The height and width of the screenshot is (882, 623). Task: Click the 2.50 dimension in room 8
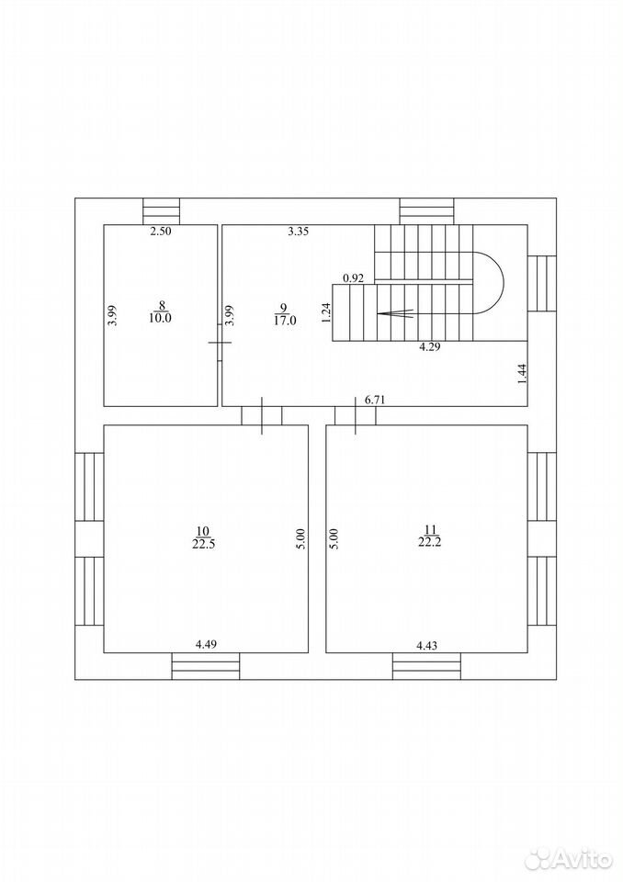coord(161,231)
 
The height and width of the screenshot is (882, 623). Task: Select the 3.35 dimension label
coord(299,231)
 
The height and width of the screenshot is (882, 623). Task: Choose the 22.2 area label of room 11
coord(431,542)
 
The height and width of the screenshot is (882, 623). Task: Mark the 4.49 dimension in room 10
coord(206,645)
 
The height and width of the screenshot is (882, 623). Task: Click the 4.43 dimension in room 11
coord(426,646)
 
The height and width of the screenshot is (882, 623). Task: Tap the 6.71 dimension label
coord(376,400)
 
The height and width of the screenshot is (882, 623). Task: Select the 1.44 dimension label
coord(521,375)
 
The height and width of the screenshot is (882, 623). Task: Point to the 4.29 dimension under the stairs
coord(430,347)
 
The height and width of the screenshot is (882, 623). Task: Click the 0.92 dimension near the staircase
coord(355,277)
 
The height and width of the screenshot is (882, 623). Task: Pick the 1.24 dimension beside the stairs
coord(326,312)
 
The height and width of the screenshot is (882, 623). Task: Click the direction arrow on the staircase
coord(396,314)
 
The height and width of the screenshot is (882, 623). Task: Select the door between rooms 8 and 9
coord(220,342)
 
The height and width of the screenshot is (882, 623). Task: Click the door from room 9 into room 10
coord(262,415)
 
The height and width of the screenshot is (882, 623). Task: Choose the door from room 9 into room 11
coord(355,415)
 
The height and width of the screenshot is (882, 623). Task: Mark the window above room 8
coord(161,211)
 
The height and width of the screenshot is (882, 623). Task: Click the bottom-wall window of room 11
coord(426,666)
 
